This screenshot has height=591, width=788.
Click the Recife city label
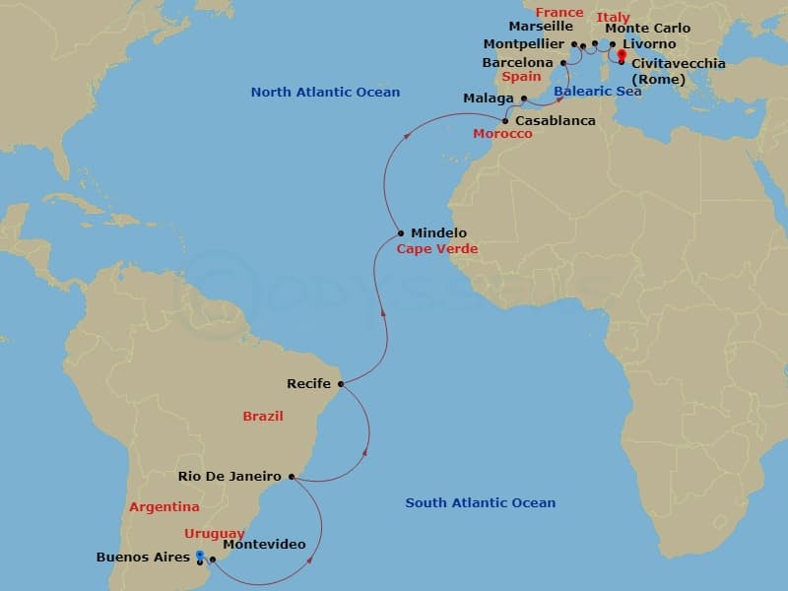coord(308,384)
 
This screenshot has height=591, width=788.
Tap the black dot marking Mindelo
coord(401,233)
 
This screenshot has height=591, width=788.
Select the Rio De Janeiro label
coord(230,477)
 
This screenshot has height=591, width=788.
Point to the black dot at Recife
coord(341,384)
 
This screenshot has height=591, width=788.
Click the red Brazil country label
coord(263,417)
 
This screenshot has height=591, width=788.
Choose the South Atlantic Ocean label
coord(481,503)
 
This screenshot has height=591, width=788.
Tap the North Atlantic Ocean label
coord(325,93)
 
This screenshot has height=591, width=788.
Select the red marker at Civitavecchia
coord(622,56)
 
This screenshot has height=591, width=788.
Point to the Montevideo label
coord(264,545)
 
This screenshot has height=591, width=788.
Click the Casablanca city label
coord(556,120)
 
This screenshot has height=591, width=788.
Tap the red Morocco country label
coord(502,134)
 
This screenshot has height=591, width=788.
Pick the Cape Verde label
coord(436,249)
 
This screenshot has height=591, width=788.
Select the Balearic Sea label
coord(597,92)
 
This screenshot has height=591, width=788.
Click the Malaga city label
coord(489,98)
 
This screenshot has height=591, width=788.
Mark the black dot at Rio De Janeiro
coord(292,477)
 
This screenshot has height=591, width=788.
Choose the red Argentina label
coord(164,507)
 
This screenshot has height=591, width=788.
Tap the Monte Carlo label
coord(647,29)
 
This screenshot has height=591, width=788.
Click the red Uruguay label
coord(215,533)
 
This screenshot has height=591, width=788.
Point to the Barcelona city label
coord(517,63)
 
